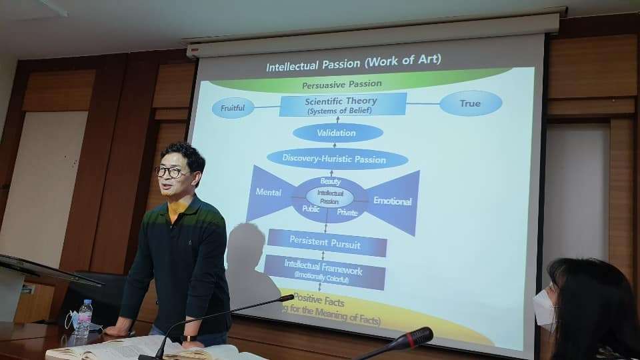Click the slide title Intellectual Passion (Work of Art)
point(353,65)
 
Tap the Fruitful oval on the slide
point(233,107)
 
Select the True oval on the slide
point(470,103)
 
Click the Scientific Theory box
point(342,105)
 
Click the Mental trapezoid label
point(269,193)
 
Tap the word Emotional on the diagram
point(393,201)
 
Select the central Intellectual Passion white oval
point(329,197)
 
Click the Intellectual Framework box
point(324,272)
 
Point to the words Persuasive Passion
point(342,85)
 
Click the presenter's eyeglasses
point(171,172)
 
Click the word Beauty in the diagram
point(330,181)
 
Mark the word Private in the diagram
point(347,213)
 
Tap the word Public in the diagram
point(311,208)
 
